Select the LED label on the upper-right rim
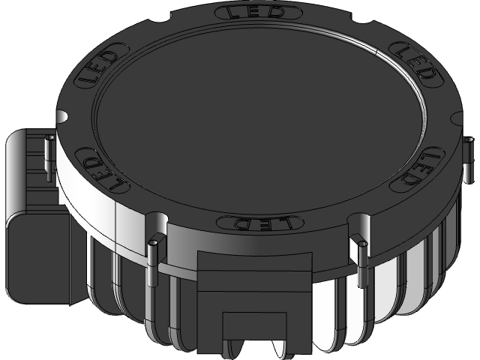click(415, 63)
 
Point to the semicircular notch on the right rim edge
click(456, 112)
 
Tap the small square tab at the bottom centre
click(255, 331)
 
